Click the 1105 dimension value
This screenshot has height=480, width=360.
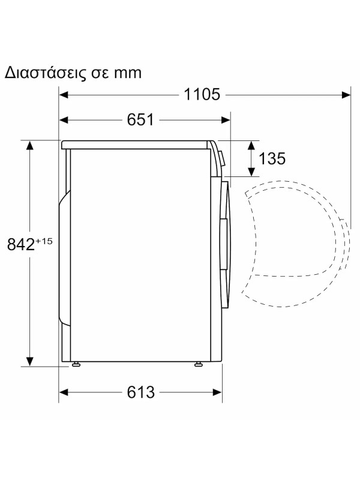(203, 94)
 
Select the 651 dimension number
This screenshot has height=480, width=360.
(140, 120)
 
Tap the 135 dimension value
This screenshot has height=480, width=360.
(272, 158)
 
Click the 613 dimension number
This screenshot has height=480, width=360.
(140, 392)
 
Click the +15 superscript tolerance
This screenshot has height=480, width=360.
(45, 241)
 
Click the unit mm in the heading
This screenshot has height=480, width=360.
(127, 73)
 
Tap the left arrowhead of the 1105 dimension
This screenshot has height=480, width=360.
(64, 94)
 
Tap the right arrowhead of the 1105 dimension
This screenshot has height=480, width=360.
(346, 94)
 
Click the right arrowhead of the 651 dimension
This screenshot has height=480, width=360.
(226, 120)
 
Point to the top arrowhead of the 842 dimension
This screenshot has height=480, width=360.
(29, 145)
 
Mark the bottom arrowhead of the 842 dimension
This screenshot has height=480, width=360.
(29, 361)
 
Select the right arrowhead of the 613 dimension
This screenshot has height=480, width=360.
(218, 392)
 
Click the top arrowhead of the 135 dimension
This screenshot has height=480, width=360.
(251, 145)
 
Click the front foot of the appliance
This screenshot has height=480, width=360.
(197, 364)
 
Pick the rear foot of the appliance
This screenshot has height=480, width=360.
(76, 364)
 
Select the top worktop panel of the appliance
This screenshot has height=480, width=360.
(138, 144)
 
